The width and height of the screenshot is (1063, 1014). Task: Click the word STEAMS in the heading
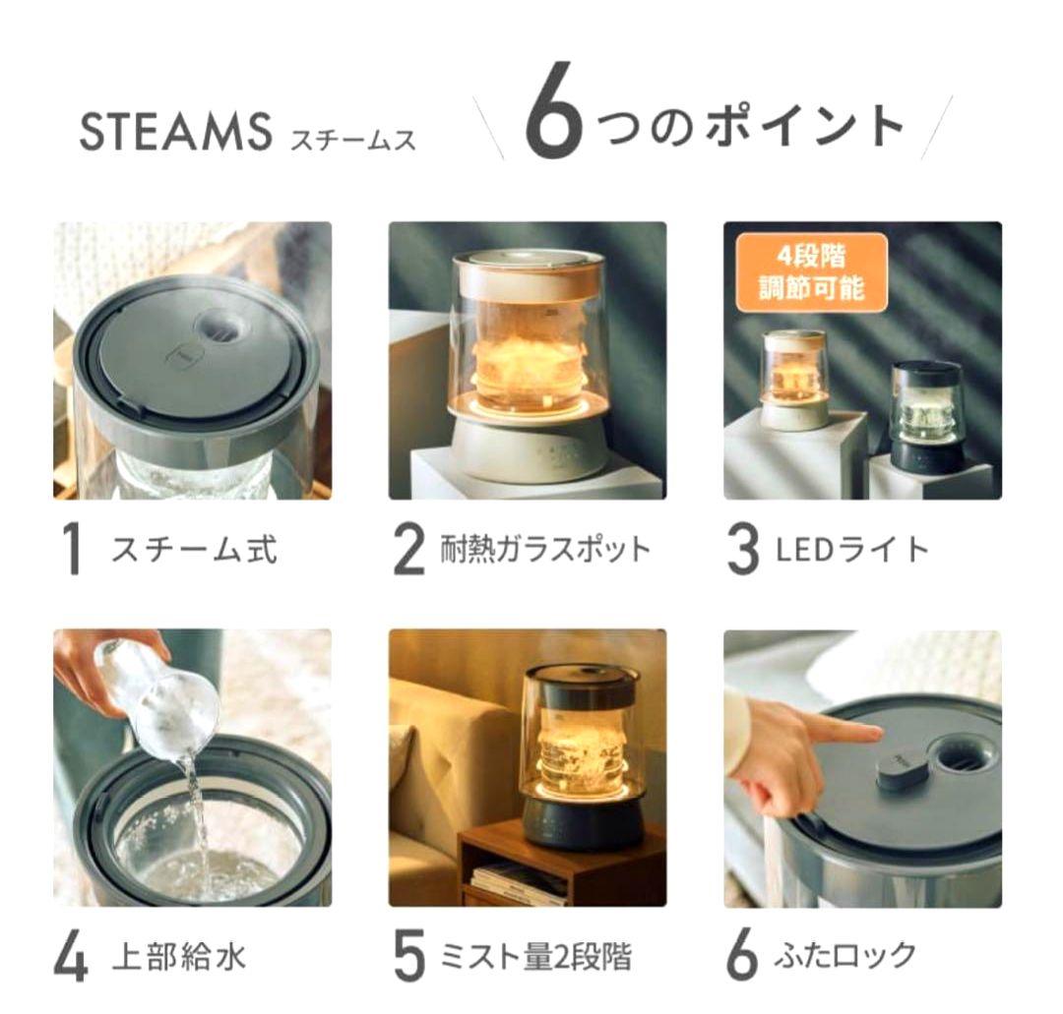point(174,133)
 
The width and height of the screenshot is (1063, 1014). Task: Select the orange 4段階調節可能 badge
point(808,271)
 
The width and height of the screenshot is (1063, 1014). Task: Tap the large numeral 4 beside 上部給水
point(71,957)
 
